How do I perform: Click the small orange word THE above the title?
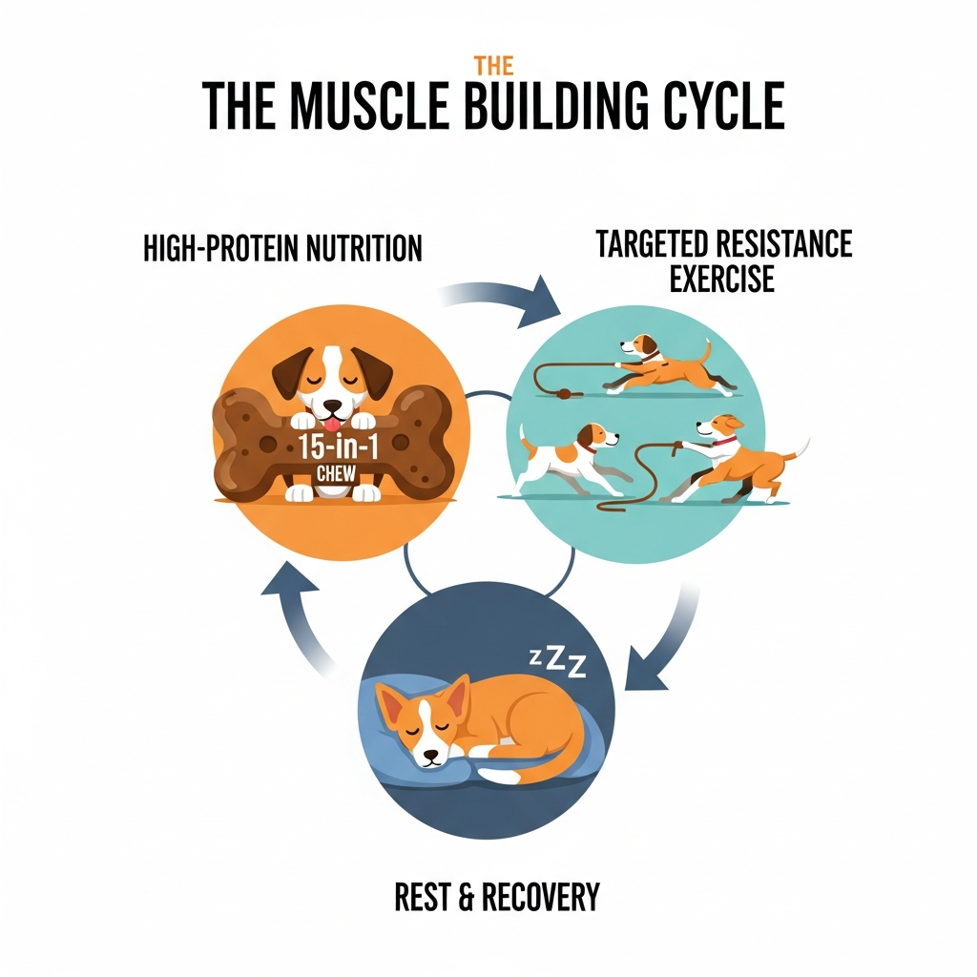[x=494, y=67]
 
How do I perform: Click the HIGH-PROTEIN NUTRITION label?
[x=281, y=249]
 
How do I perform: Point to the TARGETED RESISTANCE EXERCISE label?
[x=723, y=260]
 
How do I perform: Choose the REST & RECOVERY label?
[x=497, y=897]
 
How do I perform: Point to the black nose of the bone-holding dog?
[x=329, y=405]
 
